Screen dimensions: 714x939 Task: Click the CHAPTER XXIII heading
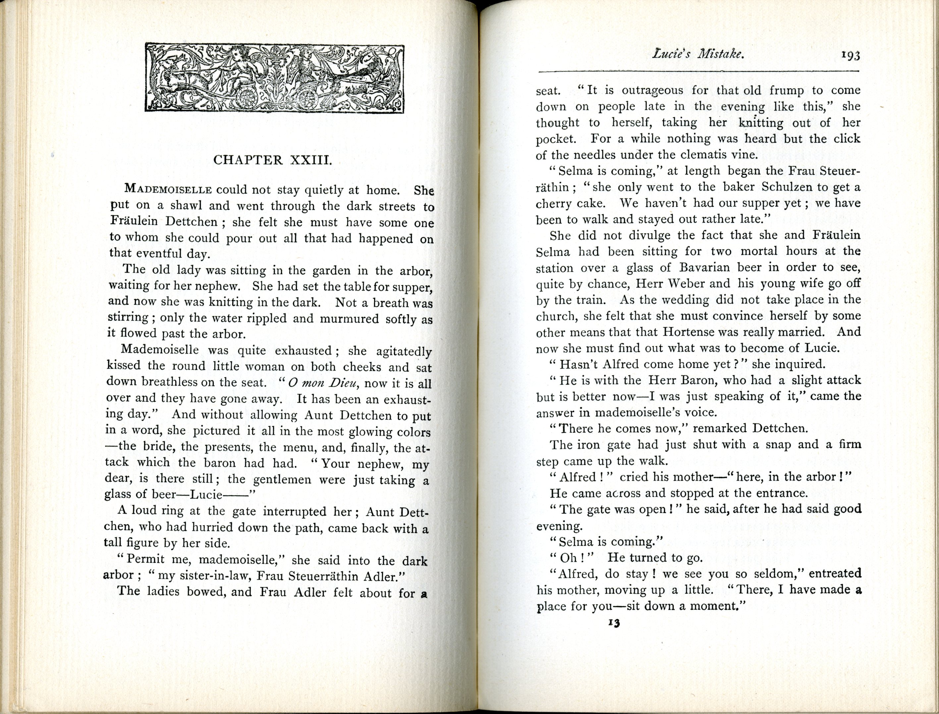click(x=272, y=160)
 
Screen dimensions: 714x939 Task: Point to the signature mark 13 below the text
click(x=614, y=623)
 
